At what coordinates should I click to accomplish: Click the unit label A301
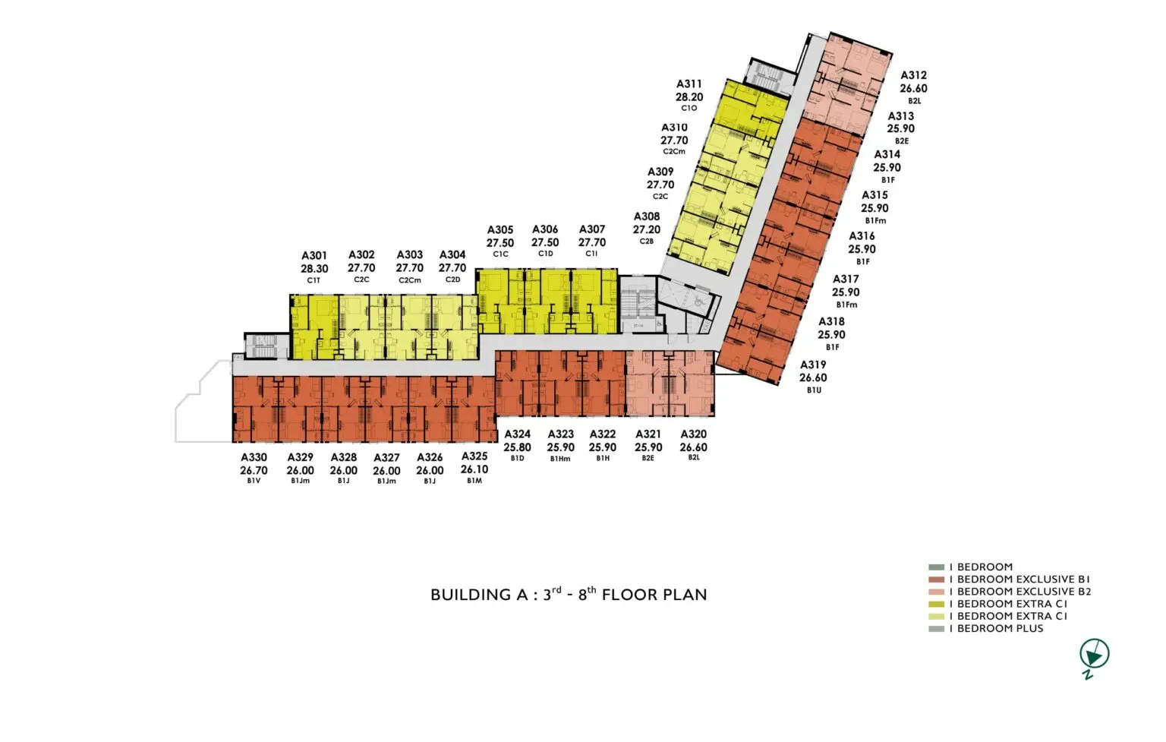(314, 256)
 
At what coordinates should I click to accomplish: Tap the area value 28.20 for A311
(689, 97)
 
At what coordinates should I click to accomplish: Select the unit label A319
(813, 365)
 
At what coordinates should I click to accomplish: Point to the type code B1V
(254, 481)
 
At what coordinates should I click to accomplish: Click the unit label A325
(474, 456)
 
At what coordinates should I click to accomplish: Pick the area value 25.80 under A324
(517, 447)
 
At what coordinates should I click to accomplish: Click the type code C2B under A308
(646, 241)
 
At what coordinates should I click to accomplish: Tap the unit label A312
(913, 75)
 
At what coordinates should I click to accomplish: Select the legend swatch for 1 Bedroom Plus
(936, 629)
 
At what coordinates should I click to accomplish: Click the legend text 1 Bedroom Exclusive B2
(1019, 592)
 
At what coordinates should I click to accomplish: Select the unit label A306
(545, 229)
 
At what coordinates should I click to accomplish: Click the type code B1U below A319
(814, 390)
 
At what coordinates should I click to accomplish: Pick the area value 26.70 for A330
(254, 470)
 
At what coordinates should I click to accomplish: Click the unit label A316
(862, 236)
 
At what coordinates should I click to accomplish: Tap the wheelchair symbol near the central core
(698, 300)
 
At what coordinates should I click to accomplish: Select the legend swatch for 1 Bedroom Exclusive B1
(936, 579)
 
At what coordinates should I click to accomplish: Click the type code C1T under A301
(314, 280)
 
